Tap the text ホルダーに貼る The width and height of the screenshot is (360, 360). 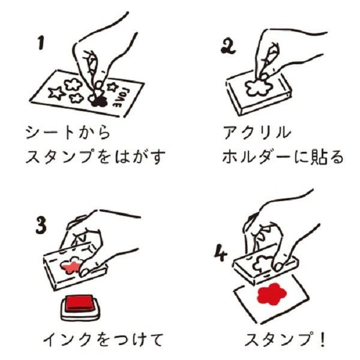[282, 158]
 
